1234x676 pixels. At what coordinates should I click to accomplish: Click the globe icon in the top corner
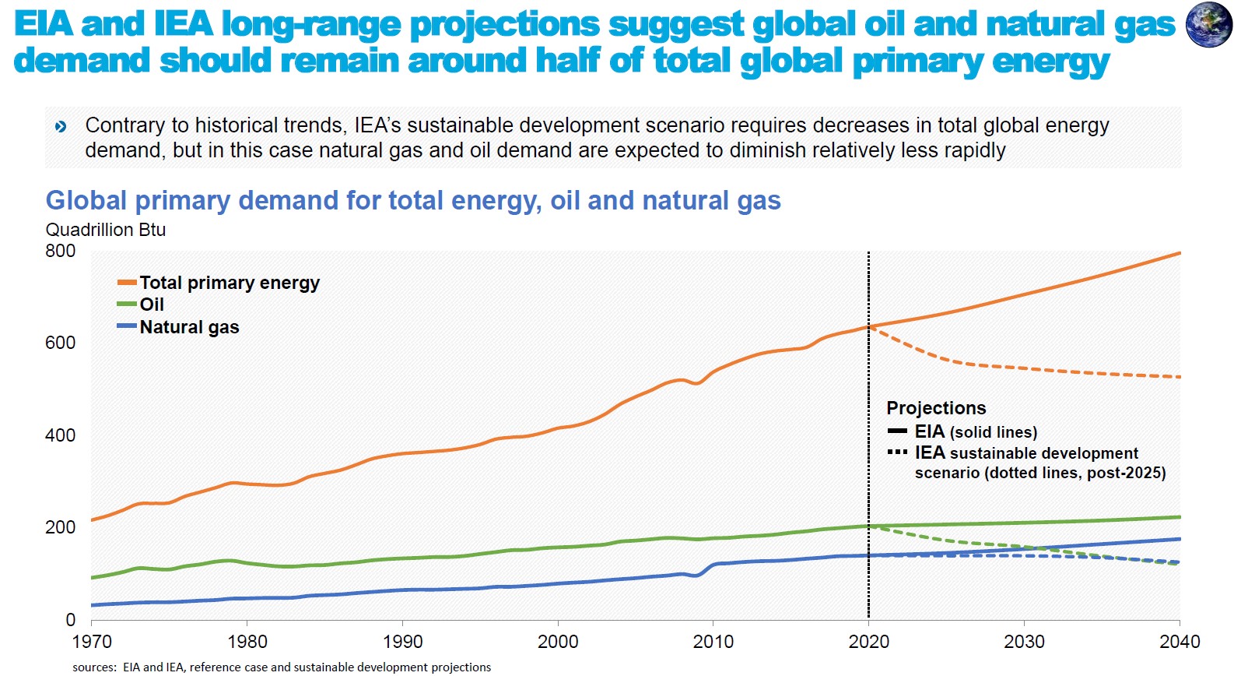tap(1208, 25)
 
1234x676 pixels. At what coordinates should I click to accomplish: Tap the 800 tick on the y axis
tap(61, 251)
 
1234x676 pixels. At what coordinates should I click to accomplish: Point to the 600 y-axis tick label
tap(61, 343)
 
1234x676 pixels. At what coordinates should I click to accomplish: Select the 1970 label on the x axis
tap(92, 642)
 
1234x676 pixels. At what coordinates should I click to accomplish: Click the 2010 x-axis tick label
tap(713, 642)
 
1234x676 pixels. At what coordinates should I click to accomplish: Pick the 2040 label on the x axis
tap(1180, 642)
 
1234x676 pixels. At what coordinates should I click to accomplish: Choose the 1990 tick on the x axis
tap(402, 642)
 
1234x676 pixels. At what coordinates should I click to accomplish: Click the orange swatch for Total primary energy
tap(127, 283)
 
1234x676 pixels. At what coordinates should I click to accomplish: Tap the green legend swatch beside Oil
tap(127, 305)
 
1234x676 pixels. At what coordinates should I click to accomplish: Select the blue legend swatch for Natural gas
tap(127, 326)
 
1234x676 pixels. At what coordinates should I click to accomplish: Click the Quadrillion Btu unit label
tap(106, 230)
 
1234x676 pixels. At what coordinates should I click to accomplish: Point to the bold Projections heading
tap(936, 408)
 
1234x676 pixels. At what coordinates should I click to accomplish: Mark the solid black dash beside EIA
tap(897, 431)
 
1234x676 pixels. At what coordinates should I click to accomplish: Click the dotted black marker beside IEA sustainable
tap(897, 452)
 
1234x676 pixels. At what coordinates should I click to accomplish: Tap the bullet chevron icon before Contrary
tap(61, 126)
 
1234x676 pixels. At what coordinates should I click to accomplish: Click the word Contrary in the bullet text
tap(124, 125)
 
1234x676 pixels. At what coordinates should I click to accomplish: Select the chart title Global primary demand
tap(413, 200)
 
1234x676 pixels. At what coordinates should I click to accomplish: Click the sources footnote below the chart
tap(282, 667)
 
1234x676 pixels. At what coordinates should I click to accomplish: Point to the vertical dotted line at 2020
tap(868, 467)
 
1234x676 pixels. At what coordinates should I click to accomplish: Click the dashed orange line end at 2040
tap(1178, 377)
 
